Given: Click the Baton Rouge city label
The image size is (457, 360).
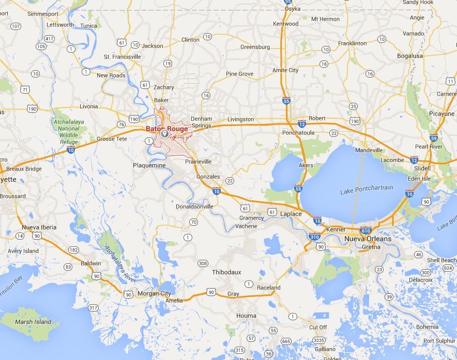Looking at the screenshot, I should [x=166, y=129].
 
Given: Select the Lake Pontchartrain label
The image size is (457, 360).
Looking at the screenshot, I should [x=363, y=192].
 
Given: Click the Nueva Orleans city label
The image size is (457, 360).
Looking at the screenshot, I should [x=368, y=239].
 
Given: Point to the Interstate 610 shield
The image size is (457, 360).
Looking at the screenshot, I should [x=366, y=230].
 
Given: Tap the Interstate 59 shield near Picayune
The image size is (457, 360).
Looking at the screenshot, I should [x=434, y=138].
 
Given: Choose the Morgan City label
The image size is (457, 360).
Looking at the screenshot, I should [x=154, y=294].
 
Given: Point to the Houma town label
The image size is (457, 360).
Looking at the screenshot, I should [x=246, y=316].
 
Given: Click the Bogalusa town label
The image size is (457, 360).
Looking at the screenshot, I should [x=410, y=56].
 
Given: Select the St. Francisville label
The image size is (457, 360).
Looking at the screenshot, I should [x=123, y=57].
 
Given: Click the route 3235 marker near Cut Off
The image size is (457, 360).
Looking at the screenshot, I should [x=319, y=340].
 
